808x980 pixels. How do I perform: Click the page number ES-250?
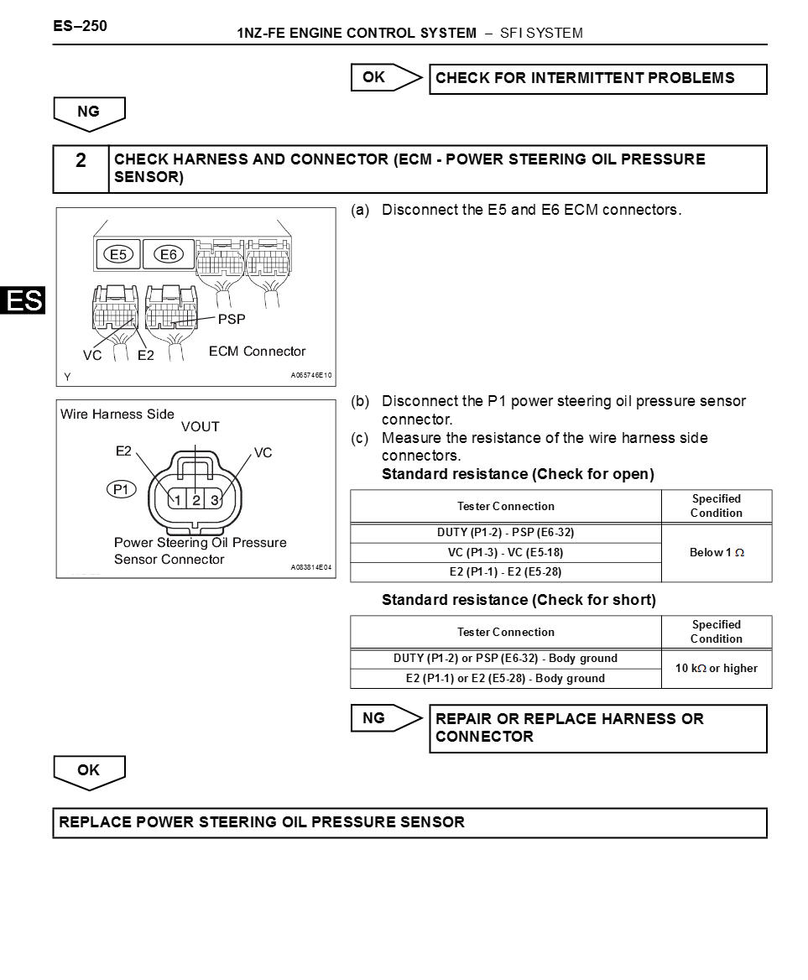[80, 26]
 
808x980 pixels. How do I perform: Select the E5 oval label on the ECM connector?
[118, 254]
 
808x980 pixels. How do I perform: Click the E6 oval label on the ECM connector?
[169, 254]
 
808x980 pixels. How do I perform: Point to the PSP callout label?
[232, 320]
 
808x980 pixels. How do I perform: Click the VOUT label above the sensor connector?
[200, 427]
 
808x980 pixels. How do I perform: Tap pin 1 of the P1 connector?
[178, 500]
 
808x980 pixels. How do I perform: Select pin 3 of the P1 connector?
[215, 500]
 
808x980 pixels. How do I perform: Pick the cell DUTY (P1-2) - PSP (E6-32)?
[505, 533]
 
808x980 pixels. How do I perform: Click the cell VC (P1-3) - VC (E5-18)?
[505, 552]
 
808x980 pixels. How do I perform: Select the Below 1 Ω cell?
[716, 553]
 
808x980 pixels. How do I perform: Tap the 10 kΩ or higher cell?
[716, 669]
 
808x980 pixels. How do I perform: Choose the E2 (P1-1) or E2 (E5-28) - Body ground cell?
[505, 678]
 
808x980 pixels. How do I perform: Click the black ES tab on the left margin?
[23, 300]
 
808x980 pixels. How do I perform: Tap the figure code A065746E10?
[311, 375]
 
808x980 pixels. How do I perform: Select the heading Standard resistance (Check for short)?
[519, 600]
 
